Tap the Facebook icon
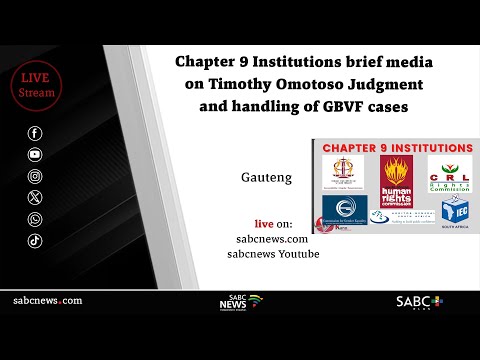coord(36,133)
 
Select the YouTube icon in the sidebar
coord(36,154)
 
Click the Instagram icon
coord(36,175)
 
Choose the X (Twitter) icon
coord(36,197)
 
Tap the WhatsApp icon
coord(36,218)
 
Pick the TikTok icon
coord(36,240)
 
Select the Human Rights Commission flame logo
coord(397,172)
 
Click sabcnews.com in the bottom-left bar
coord(47,301)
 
